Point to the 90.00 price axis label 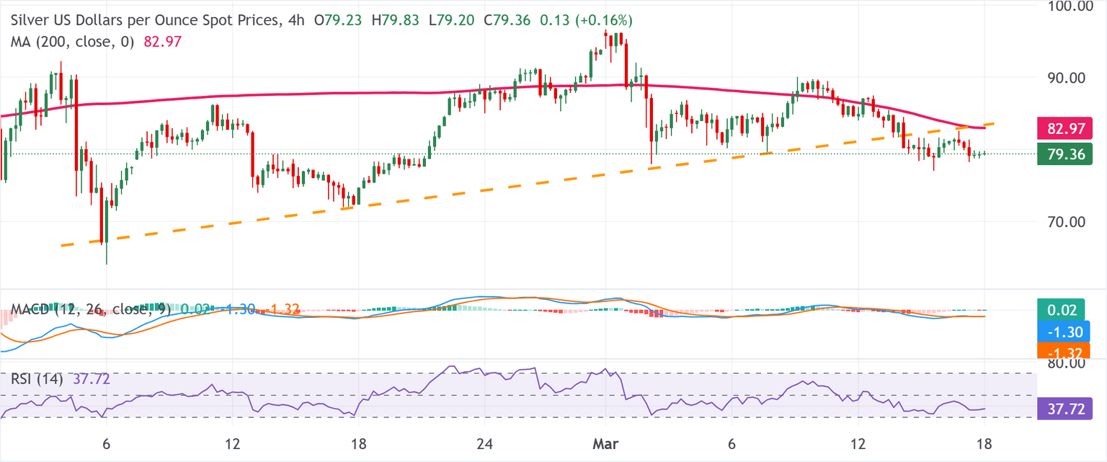tap(1065, 77)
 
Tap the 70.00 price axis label tap(1065, 222)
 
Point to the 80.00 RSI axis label tap(1065, 364)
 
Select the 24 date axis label tap(485, 441)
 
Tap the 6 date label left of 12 tap(106, 441)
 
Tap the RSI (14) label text tap(36, 378)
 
